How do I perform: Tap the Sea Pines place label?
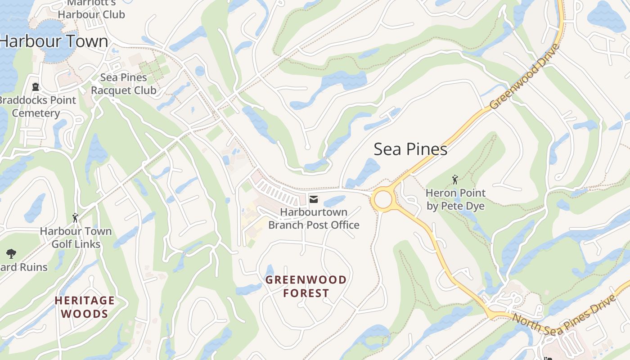coord(410,149)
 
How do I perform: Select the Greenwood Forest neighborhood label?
coord(306,286)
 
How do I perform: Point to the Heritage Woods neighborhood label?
coord(85,307)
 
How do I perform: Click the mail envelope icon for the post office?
coord(314,199)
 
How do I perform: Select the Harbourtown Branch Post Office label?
coord(314,218)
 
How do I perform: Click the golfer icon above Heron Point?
coord(455,180)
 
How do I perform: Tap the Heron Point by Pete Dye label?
coord(455,199)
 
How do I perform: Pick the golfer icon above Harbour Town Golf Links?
coord(75,218)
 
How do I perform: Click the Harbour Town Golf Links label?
coord(76,238)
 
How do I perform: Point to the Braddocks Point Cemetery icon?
coord(36,87)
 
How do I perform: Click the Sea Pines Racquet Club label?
coord(123,84)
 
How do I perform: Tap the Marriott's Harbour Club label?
coord(91,9)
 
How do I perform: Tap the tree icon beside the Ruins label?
coord(11,254)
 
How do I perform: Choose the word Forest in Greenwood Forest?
coord(306,293)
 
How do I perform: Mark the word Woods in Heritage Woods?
coord(85,314)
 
